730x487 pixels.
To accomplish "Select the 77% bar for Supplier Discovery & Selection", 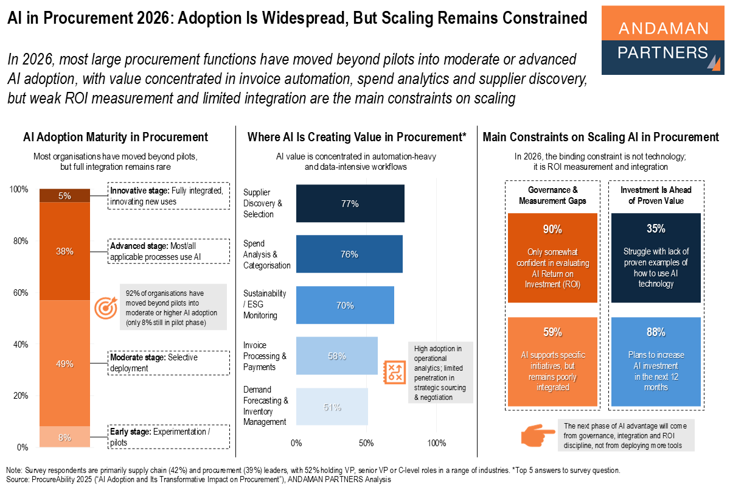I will point(350,203).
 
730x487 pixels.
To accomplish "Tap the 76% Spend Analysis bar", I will point(349,254).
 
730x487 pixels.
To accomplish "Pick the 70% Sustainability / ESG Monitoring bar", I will point(345,305).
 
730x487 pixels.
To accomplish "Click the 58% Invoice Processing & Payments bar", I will point(336,356).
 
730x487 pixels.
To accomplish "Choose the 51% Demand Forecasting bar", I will point(332,407).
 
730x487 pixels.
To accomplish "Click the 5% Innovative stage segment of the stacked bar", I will point(65,195).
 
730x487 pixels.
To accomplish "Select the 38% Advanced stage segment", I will point(65,251).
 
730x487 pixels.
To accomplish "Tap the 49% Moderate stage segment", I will point(65,363).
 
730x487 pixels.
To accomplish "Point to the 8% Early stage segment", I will point(65,437).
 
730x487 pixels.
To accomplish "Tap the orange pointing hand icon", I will point(538,434).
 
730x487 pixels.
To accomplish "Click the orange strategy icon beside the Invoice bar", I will point(394,371).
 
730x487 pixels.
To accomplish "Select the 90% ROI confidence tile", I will point(552,258).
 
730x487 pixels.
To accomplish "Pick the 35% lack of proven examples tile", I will point(656,258).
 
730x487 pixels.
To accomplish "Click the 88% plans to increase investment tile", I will point(656,362).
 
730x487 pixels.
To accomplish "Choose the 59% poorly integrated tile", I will point(552,362).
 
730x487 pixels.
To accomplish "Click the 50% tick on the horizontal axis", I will point(367,443).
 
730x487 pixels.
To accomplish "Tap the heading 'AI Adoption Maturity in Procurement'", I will point(116,138).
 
